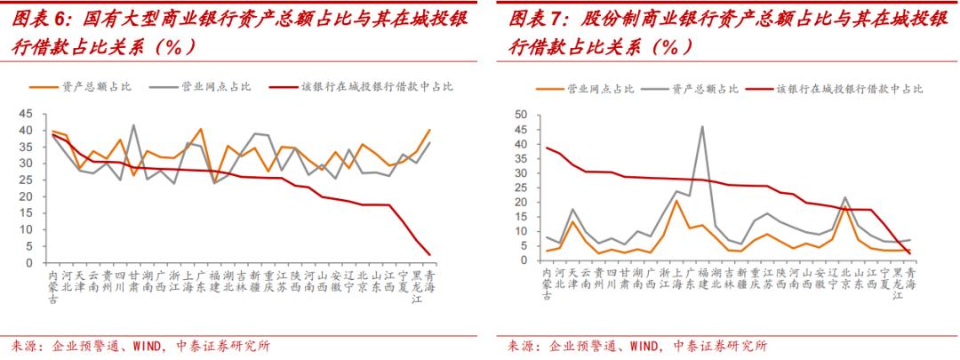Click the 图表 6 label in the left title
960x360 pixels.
[36, 19]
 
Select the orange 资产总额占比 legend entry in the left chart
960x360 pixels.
[96, 86]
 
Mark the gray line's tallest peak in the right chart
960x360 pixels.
[702, 126]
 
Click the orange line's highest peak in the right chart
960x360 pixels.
[676, 201]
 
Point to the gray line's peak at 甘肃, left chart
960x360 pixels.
[133, 125]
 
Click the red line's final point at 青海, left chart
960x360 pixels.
[430, 255]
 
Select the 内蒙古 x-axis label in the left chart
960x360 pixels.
[55, 287]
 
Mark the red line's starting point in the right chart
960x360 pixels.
[547, 148]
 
